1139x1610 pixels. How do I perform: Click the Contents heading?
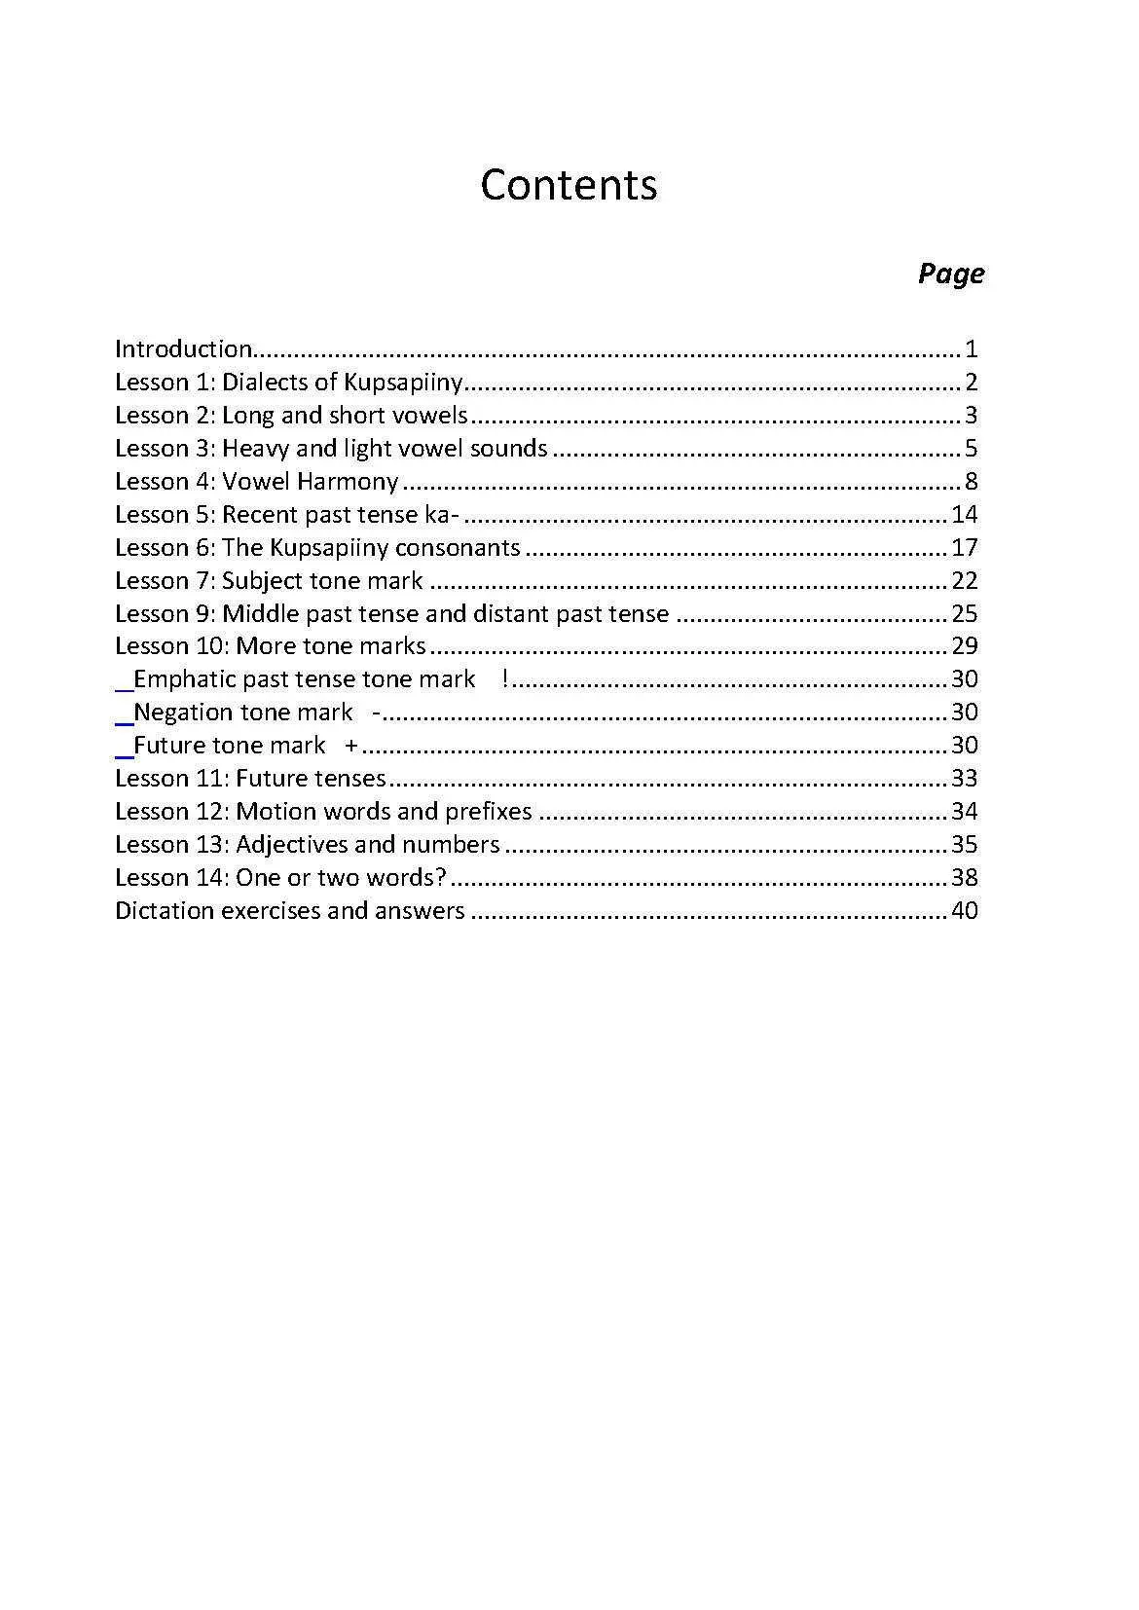pyautogui.click(x=569, y=185)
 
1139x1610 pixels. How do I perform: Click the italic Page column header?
pyautogui.click(x=950, y=274)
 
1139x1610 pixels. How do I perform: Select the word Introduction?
pyautogui.click(x=183, y=349)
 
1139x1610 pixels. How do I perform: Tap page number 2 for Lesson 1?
pyautogui.click(x=972, y=383)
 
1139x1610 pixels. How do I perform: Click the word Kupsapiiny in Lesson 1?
pyautogui.click(x=403, y=383)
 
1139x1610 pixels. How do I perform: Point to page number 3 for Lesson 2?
pyautogui.click(x=972, y=416)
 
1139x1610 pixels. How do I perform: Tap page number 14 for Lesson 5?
pyautogui.click(x=965, y=515)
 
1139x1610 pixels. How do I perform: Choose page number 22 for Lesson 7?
pyautogui.click(x=965, y=581)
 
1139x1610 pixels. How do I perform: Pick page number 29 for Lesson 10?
pyautogui.click(x=965, y=646)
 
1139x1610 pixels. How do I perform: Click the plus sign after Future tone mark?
pyautogui.click(x=351, y=746)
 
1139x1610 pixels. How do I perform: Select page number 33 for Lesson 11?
pyautogui.click(x=965, y=779)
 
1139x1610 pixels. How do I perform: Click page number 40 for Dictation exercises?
pyautogui.click(x=965, y=911)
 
